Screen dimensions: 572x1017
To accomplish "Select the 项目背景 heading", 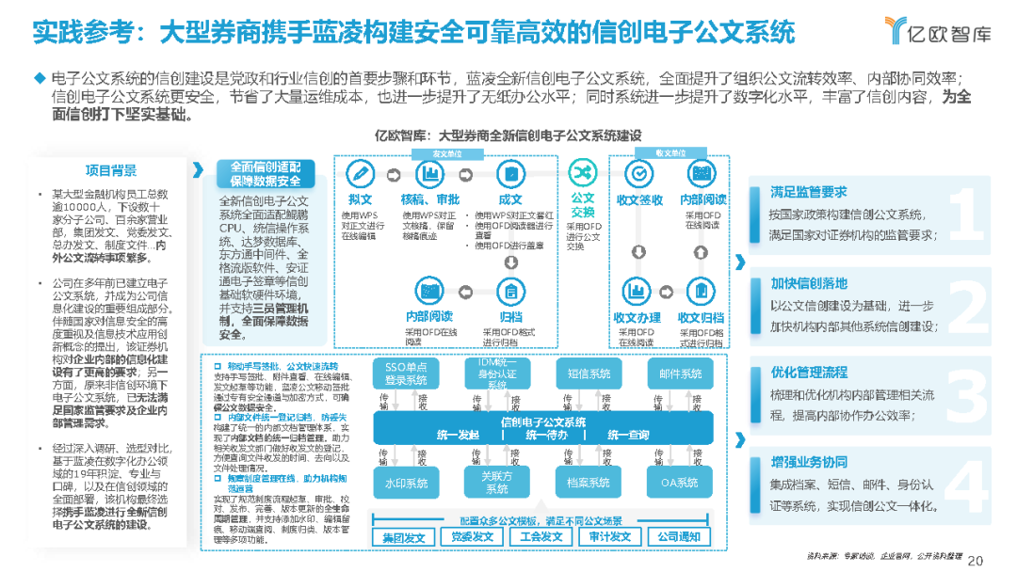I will coord(111,170).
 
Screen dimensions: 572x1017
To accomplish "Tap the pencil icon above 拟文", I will coord(360,174).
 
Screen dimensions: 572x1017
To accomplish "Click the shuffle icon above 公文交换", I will coord(583,171).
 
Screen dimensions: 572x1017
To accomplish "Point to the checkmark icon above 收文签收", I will coord(638,174).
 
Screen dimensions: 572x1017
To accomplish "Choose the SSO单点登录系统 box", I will coord(406,373).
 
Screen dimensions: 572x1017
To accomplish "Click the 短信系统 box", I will coord(589,373).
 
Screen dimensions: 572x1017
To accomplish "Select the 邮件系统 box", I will coord(680,373).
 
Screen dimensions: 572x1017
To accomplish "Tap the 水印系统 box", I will coord(406,483).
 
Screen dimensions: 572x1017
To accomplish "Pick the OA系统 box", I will coord(680,483).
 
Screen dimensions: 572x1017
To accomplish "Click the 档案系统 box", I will coord(589,483).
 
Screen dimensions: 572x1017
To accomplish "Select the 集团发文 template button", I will coord(403,537).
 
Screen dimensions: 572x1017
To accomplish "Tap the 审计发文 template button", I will coord(609,537).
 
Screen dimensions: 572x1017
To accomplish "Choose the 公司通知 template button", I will coord(679,537).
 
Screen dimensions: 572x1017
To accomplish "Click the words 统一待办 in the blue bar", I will coord(546,435).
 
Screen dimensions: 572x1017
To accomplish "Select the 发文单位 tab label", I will coord(446,152).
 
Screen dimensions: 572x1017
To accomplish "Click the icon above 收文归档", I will coord(701,290).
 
